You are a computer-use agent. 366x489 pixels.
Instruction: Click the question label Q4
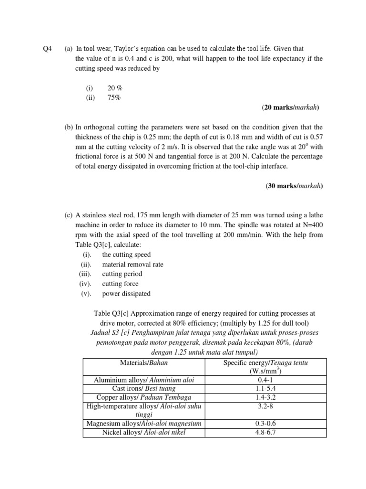pyautogui.click(x=46, y=49)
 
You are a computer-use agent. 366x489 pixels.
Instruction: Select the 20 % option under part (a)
pyautogui.click(x=115, y=88)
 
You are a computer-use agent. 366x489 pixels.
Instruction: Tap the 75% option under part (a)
pyautogui.click(x=114, y=98)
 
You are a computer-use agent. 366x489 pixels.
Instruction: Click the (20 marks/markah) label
pyautogui.click(x=290, y=108)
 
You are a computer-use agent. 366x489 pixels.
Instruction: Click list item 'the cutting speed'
pyautogui.click(x=126, y=255)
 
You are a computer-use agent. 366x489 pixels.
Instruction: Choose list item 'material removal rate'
pyautogui.click(x=132, y=264)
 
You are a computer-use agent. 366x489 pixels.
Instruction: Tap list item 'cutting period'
pyautogui.click(x=122, y=274)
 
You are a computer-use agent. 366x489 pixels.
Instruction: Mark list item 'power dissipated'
pyautogui.click(x=126, y=294)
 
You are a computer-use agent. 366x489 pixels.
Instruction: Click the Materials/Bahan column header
pyautogui.click(x=143, y=363)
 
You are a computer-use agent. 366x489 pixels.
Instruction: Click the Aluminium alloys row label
pyautogui.click(x=143, y=380)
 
